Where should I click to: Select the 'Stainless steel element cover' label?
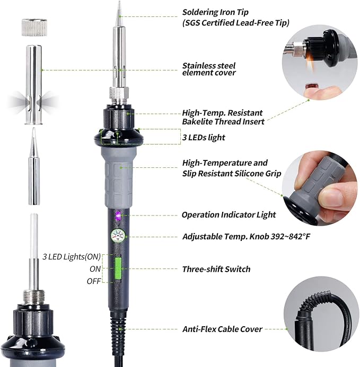coord(208,69)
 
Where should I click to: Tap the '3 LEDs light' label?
coord(204,137)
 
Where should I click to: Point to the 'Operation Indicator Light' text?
coord(229,214)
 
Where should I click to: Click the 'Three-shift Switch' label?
coord(216,269)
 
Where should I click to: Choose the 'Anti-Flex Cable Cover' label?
coord(222,329)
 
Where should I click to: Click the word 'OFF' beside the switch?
coord(94,281)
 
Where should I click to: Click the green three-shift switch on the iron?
coord(119,268)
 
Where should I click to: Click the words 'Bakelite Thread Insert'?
coord(223,121)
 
